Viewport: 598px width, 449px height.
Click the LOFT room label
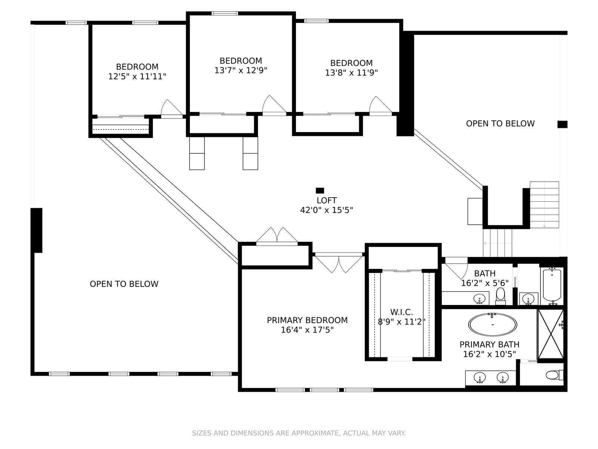click(326, 201)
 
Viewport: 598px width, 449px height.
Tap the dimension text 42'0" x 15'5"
click(326, 210)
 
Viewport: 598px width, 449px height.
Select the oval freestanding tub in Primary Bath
click(493, 325)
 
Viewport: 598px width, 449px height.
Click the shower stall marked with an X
click(551, 334)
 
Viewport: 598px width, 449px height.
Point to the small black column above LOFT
click(320, 190)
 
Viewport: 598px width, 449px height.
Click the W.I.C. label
click(401, 312)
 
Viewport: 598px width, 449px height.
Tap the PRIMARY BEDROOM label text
click(307, 320)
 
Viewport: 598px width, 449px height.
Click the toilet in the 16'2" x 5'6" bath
click(500, 296)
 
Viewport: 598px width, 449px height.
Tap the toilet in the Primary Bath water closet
click(555, 375)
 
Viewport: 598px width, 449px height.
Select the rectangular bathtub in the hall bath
click(552, 287)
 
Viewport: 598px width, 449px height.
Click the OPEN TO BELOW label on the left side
click(124, 284)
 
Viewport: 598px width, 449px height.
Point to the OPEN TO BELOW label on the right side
click(500, 123)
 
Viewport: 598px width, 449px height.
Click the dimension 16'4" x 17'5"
click(307, 330)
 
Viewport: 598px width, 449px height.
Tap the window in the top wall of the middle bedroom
click(225, 13)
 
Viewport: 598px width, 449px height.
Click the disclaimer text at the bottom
click(299, 433)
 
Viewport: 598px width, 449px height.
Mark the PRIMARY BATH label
click(489, 345)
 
